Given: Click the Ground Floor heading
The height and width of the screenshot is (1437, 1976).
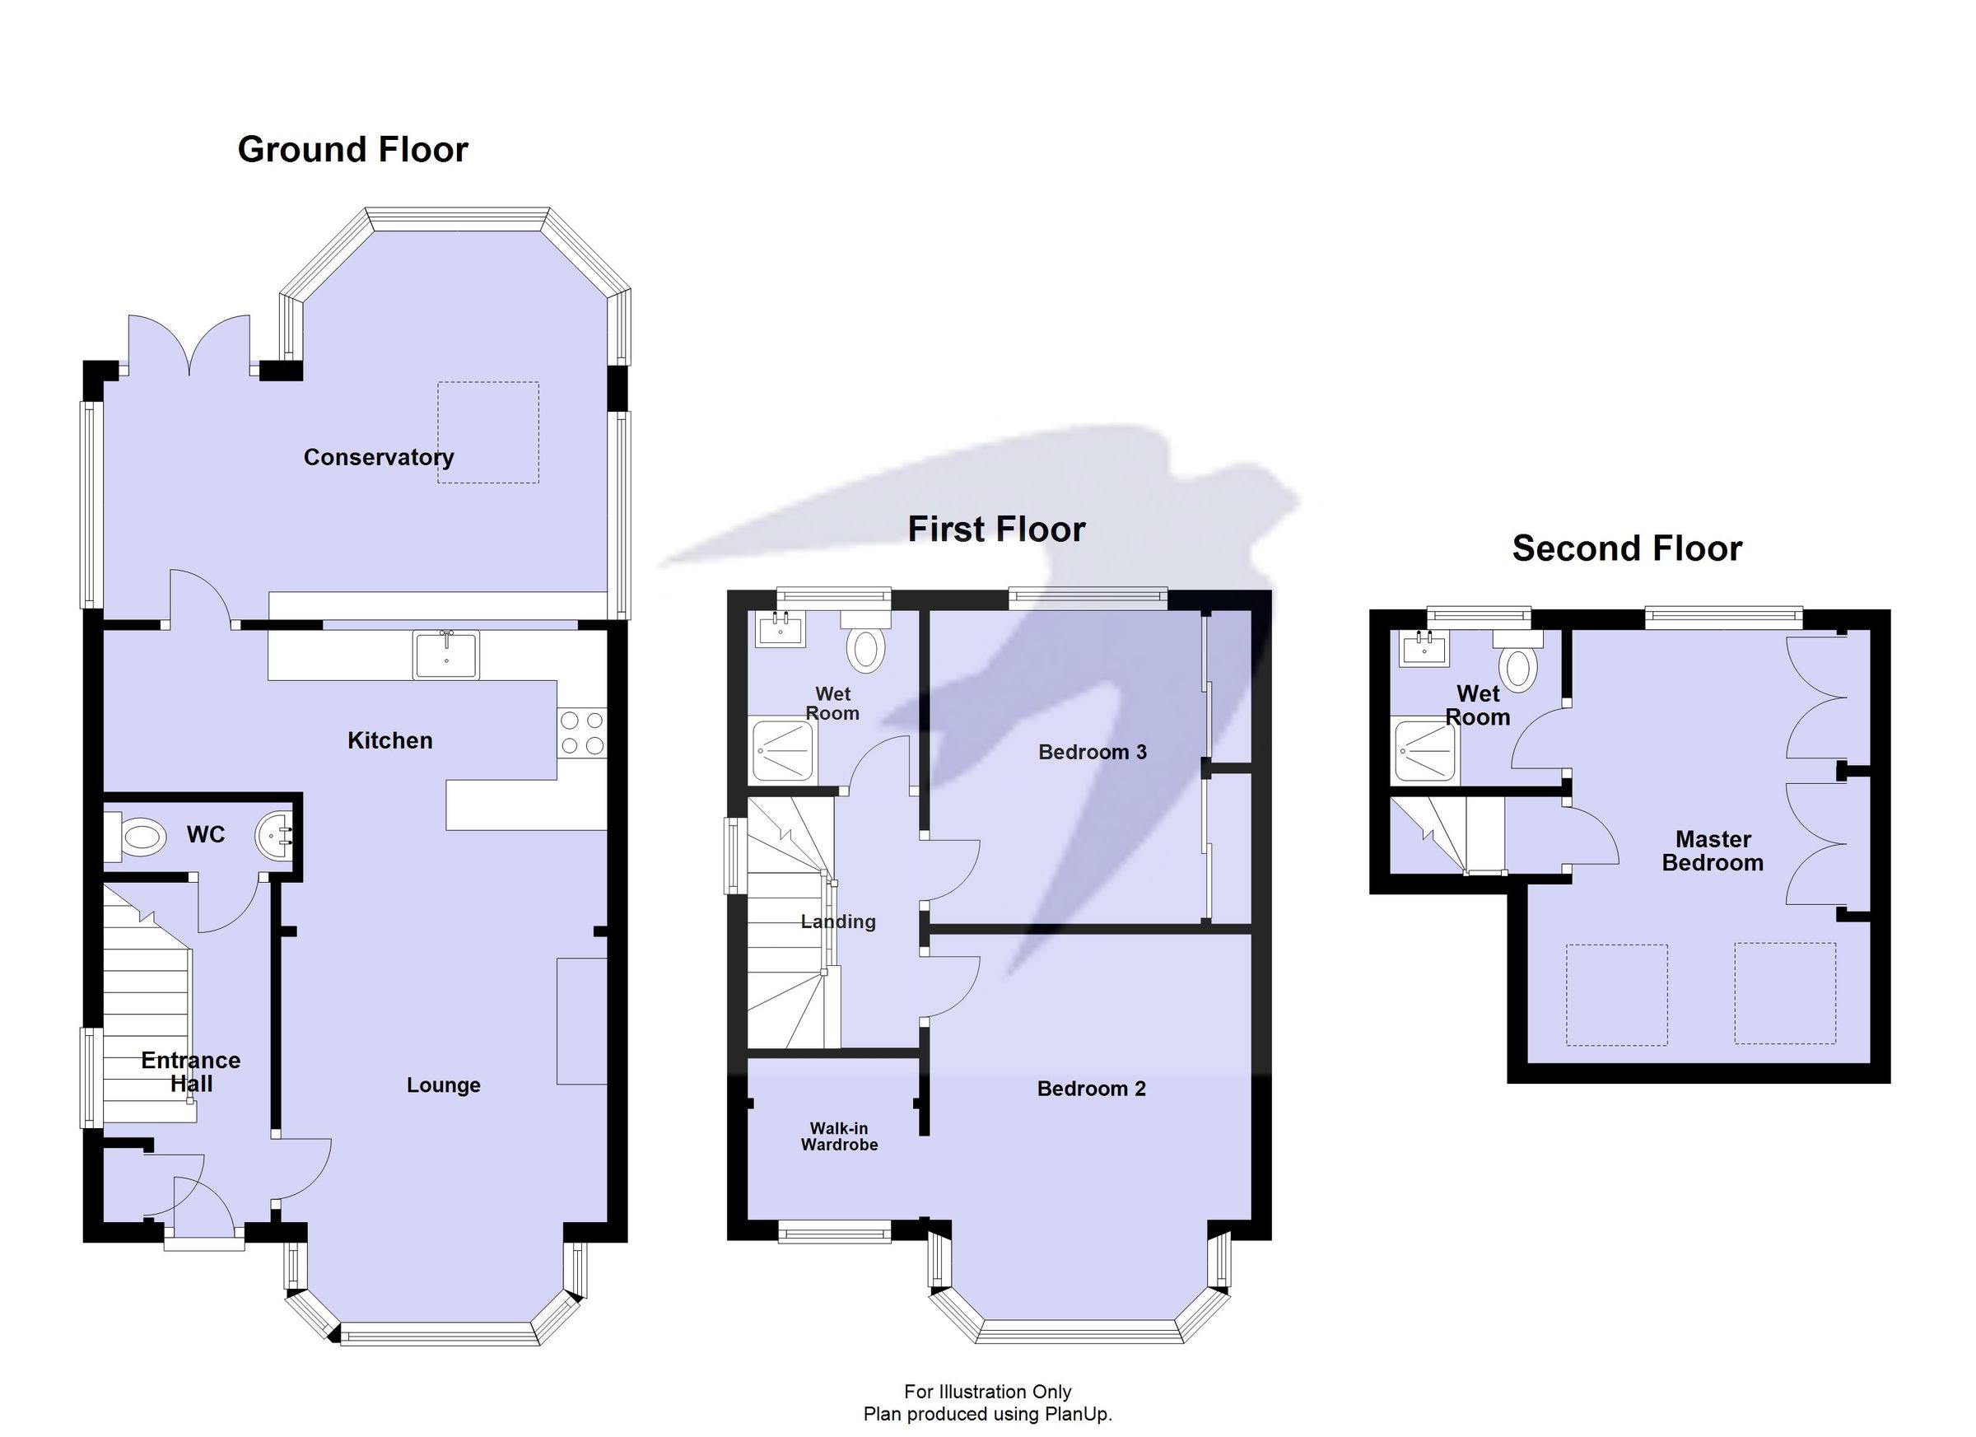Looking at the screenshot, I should pos(353,150).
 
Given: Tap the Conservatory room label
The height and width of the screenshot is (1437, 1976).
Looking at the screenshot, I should pos(378,458).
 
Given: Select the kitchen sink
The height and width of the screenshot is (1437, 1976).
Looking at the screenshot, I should pos(446,655).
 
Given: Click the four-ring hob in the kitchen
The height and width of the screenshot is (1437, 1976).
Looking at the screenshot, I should pos(582,733).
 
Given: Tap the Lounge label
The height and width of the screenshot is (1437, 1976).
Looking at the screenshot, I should pos(444,1085).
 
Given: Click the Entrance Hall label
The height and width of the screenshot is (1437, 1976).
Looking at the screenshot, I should pos(191,1072).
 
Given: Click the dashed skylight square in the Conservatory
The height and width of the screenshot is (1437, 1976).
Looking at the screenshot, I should pos(488,432).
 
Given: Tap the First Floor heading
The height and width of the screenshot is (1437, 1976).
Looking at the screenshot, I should pos(996,530).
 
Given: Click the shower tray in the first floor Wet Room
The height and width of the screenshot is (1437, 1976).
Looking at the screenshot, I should pos(784,749).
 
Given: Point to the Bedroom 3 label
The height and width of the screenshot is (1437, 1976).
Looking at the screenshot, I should pos(1092,752).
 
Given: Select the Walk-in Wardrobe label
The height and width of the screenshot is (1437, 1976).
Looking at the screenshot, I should pos(839,1136).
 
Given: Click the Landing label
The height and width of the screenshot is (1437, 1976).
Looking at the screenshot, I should pos(838,921).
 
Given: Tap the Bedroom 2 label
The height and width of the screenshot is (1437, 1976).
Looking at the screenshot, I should pos(1091,1089).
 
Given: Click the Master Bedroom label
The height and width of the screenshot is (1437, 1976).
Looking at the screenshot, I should pos(1712,851).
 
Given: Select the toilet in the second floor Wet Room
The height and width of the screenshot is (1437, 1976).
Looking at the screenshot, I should pos(1517,667).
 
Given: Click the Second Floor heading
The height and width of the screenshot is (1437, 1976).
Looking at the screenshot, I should pos(1627,549).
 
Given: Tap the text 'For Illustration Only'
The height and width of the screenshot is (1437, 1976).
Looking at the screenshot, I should pos(987,1392).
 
